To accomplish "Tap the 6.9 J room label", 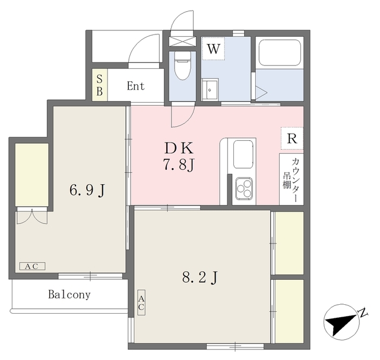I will tap(87, 191).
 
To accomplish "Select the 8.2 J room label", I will tap(200, 276).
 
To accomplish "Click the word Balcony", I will tap(69, 294).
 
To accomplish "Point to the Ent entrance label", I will tap(135, 86).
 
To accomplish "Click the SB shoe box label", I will tap(99, 85).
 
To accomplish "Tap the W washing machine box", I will tap(214, 49).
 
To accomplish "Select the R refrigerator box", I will tap(292, 139).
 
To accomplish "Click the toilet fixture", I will tap(182, 67).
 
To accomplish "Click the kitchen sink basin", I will tap(243, 154).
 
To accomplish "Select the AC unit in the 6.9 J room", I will tap(31, 266).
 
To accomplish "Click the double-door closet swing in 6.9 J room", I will tap(31, 216).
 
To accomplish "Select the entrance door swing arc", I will tap(142, 49).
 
